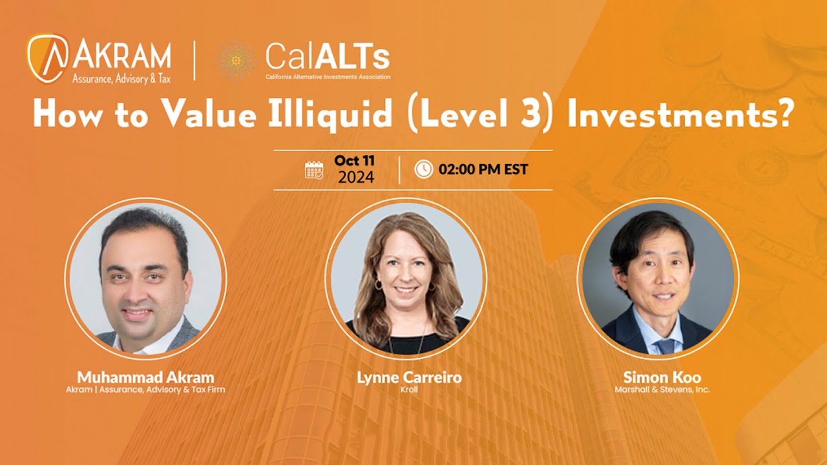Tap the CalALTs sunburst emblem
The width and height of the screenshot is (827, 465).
[x=236, y=61]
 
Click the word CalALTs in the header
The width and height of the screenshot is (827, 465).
[x=327, y=57]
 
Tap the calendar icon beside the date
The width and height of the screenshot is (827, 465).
[x=314, y=170]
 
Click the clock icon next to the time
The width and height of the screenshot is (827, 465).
[x=423, y=169]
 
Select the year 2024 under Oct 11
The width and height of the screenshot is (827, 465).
[x=355, y=178]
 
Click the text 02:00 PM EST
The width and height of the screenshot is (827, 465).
[x=483, y=170]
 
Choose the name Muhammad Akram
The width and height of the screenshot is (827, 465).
[x=145, y=377]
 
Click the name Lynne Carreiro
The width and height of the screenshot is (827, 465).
[x=409, y=377]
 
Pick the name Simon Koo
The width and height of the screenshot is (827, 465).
[x=662, y=377]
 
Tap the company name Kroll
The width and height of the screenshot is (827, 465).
[x=409, y=390]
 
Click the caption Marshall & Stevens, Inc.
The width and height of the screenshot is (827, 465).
[x=662, y=390]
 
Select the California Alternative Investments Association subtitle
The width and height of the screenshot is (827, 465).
[x=328, y=77]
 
